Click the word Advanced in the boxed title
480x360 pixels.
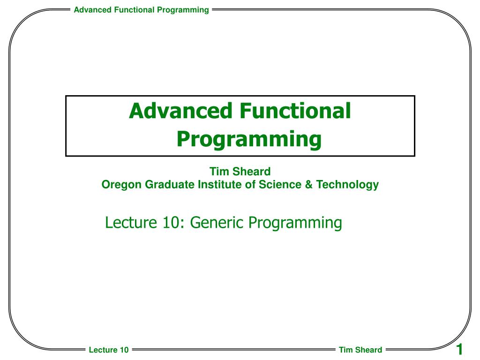coord(180,111)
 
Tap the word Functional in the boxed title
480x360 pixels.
coord(295,111)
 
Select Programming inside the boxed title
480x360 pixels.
coord(249,140)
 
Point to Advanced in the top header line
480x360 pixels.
coord(92,10)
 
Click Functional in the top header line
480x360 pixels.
coord(134,10)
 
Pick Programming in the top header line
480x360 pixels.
coord(183,10)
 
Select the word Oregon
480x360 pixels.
coord(121,185)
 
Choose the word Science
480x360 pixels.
coord(280,184)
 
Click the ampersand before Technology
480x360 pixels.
coord(309,185)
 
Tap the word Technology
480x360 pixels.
coord(347,185)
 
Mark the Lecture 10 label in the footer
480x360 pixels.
coord(109,350)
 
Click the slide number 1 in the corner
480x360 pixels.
coord(459,349)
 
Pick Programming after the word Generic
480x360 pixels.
coord(295,223)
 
